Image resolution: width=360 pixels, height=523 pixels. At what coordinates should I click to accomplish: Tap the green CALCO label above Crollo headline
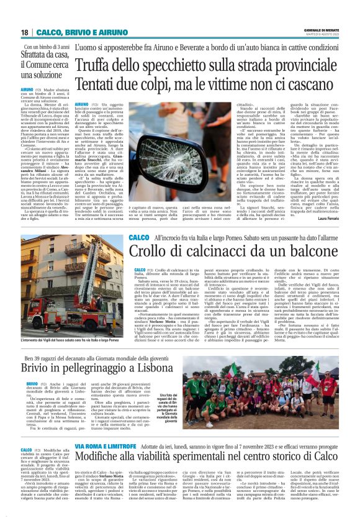139,239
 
